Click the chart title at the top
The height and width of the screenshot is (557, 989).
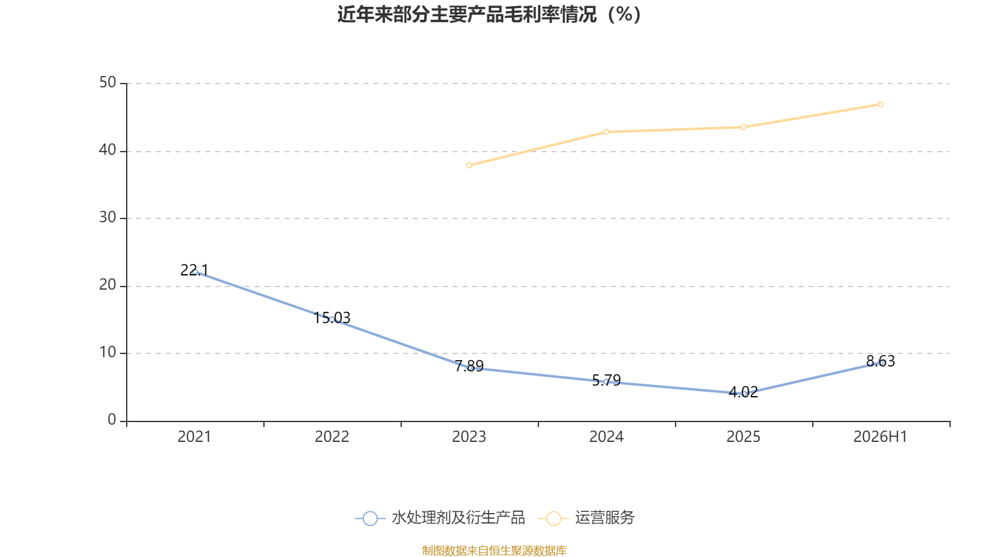point(489,15)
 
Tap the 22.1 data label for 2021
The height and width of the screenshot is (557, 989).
point(194,270)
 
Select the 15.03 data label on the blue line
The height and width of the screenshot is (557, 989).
point(331,318)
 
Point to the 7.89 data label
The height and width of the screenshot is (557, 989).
point(469,366)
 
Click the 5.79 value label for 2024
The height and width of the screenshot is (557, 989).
point(606,380)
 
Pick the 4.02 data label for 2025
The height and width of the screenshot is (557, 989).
point(743,392)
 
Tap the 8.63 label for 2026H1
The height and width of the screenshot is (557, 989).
point(880,361)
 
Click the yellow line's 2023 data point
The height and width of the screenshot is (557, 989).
point(469,165)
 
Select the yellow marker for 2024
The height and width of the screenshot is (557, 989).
point(606,132)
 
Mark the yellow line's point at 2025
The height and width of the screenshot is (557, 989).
point(744,127)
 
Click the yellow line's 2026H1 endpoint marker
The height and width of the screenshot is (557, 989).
point(880,105)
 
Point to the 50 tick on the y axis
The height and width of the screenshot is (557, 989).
point(108,83)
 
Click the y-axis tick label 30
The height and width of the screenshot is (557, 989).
point(108,217)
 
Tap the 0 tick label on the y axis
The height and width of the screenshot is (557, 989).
point(112,420)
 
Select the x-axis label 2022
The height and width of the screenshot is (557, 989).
point(331,437)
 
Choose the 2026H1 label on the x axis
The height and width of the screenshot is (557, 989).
point(880,437)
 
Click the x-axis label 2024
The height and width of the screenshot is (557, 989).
point(606,437)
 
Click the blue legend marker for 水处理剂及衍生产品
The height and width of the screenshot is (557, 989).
point(370,518)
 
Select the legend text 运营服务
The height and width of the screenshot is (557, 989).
point(605,517)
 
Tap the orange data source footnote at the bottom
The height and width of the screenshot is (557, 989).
point(494,550)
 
